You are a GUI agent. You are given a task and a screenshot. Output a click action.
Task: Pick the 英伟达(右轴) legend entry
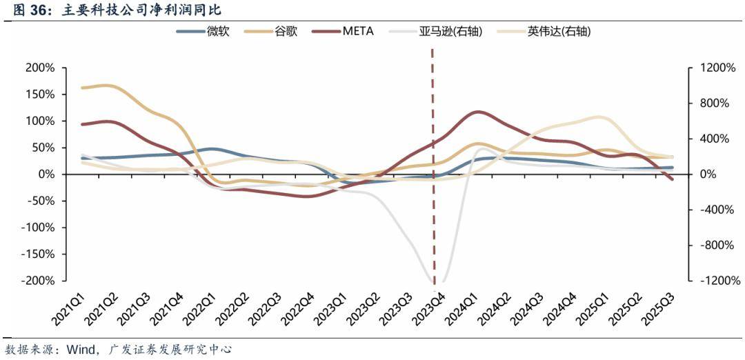(559, 32)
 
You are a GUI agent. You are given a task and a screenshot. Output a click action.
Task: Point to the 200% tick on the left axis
(39, 68)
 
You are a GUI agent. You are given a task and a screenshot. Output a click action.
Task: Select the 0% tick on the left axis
(45, 174)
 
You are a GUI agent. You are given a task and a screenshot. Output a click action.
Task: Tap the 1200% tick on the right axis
(717, 68)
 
